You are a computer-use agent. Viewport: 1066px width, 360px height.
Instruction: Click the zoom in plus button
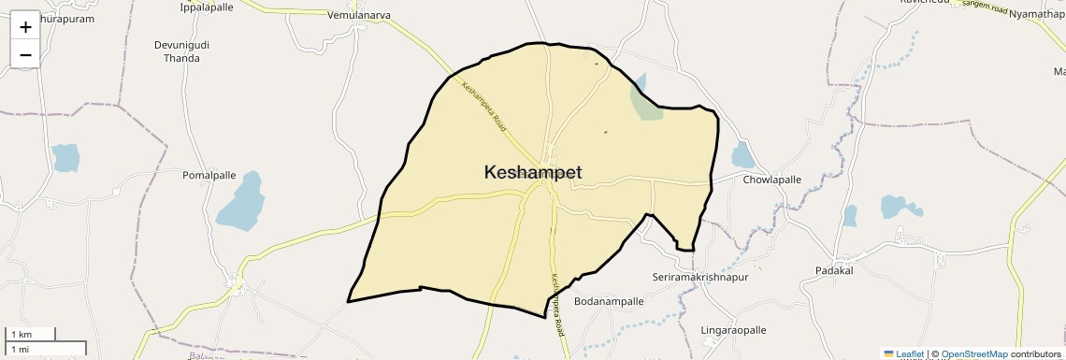pos(25,26)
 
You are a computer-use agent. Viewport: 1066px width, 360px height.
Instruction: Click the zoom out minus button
pos(25,54)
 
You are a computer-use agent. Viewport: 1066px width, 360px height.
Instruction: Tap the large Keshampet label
pos(533,172)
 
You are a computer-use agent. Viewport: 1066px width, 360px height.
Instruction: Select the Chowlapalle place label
pos(772,180)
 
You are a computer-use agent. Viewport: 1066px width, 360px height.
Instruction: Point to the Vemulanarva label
pos(359,15)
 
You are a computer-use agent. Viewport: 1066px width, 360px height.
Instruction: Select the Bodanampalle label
pos(609,302)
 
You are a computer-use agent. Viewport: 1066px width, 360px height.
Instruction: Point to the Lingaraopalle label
pos(733,330)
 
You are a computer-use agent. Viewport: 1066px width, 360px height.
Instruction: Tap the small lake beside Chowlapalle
pos(742,155)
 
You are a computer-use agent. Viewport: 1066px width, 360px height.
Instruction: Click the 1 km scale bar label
pos(21,335)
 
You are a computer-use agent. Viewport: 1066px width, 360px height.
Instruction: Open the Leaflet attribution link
pos(909,354)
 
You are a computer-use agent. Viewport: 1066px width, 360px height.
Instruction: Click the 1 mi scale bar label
pos(20,349)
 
